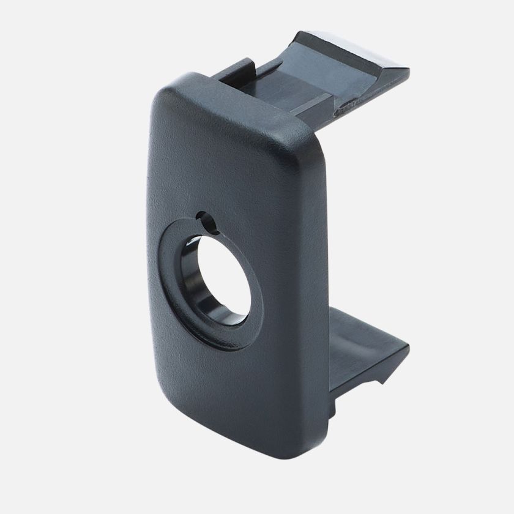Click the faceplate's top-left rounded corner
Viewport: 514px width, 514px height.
click(160, 99)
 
